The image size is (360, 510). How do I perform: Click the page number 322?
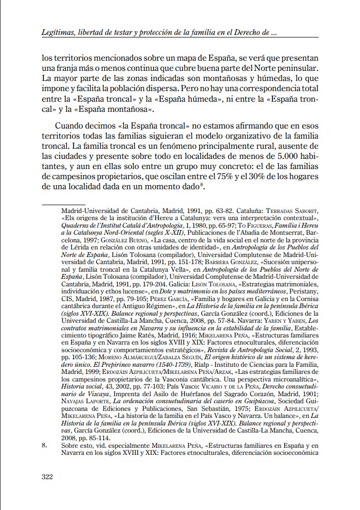coord(49,477)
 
